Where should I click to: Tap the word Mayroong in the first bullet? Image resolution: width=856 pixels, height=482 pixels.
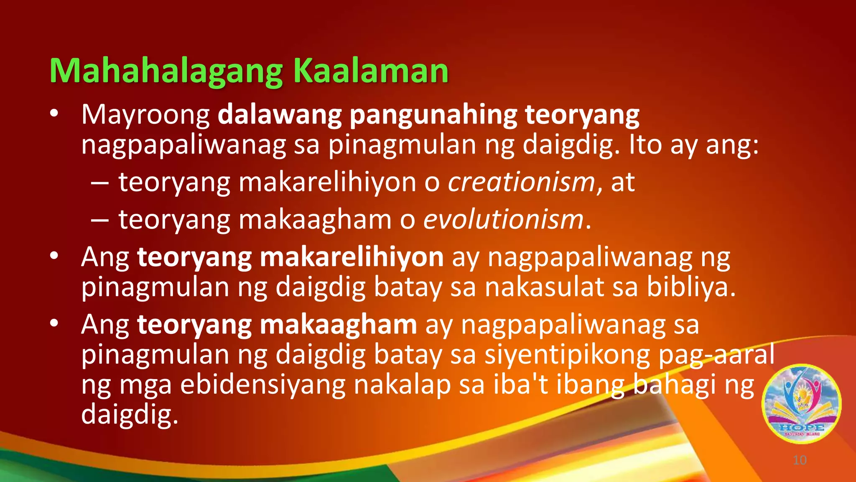[145, 115]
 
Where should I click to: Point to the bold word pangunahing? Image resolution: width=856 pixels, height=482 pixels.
[433, 115]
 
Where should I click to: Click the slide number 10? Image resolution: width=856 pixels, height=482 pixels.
[800, 460]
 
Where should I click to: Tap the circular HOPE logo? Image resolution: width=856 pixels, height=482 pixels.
[802, 404]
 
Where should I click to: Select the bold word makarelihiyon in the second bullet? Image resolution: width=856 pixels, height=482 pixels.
[352, 257]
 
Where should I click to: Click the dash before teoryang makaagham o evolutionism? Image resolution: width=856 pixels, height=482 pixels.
[100, 220]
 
